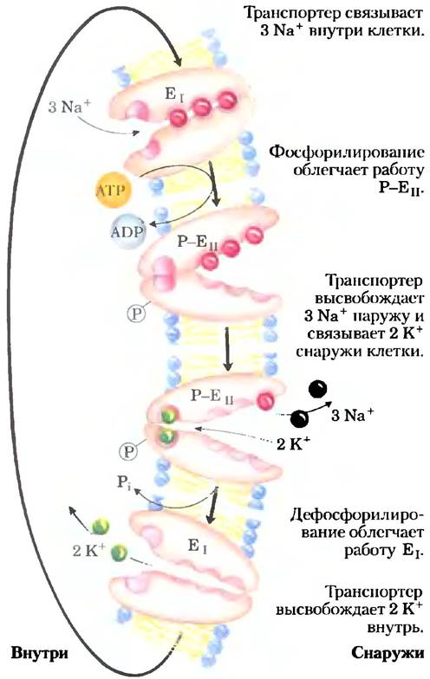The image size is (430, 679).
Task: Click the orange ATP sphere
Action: (x=114, y=190)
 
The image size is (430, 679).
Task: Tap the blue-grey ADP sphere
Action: (x=127, y=231)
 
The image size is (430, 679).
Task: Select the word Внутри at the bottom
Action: (x=40, y=652)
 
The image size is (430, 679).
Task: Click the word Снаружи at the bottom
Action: (x=388, y=652)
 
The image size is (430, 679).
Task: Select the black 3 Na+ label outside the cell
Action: (x=352, y=416)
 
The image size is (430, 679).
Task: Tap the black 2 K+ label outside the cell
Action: (x=293, y=443)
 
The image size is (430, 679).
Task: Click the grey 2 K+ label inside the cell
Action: (x=89, y=551)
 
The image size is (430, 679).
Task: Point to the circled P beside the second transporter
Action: (x=137, y=314)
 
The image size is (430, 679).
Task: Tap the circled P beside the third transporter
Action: (x=128, y=452)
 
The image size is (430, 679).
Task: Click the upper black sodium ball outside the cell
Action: (x=317, y=389)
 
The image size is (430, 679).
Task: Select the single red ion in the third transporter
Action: (x=265, y=402)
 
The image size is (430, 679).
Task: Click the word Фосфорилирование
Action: (x=347, y=152)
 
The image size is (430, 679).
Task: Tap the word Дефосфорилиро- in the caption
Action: (x=357, y=515)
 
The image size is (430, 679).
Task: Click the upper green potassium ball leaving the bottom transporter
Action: (x=100, y=527)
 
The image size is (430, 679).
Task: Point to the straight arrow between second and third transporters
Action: (x=227, y=349)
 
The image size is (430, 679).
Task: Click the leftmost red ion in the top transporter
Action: (x=178, y=118)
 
